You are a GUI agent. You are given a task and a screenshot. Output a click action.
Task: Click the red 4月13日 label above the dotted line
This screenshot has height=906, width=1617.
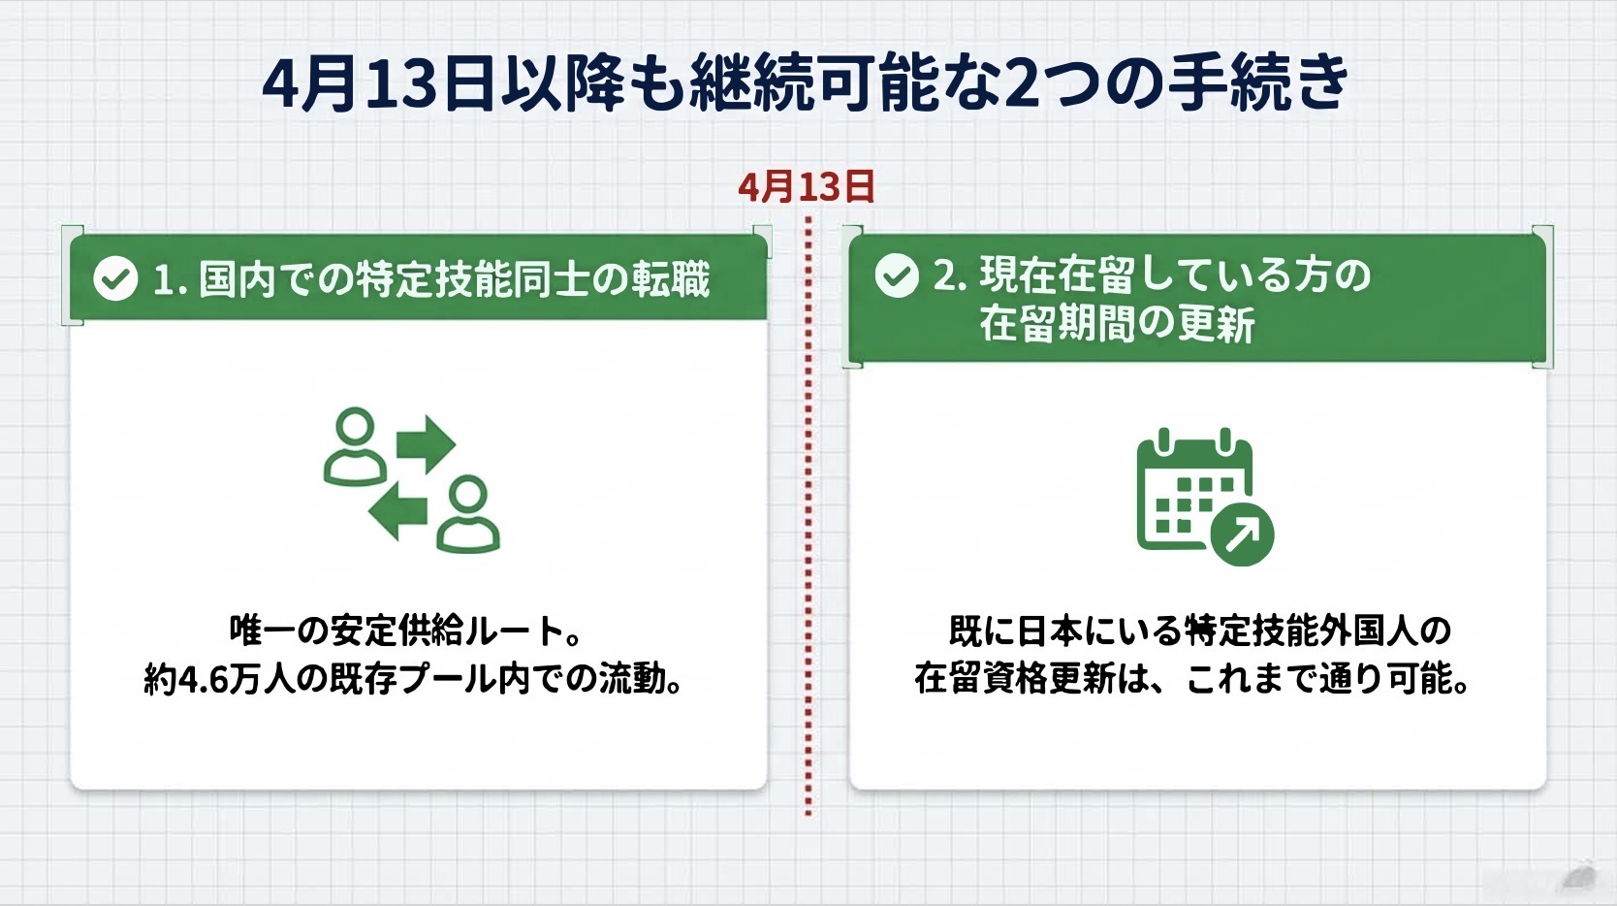tap(807, 186)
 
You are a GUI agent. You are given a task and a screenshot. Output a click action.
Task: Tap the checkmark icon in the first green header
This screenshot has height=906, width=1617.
tap(115, 278)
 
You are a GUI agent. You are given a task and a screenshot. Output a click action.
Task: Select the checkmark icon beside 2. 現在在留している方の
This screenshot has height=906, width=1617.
tap(897, 275)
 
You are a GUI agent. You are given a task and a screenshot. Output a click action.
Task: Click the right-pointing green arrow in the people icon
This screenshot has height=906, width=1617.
tap(426, 443)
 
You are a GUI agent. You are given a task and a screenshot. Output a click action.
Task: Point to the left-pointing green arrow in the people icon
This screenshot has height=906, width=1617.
tap(397, 511)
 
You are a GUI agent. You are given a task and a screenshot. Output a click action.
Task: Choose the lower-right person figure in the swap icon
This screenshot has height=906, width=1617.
tap(468, 514)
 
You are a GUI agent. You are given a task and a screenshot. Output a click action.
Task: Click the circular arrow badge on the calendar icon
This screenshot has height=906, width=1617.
tap(1243, 534)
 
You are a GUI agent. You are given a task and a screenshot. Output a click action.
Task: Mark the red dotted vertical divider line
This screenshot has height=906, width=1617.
tap(808, 516)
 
